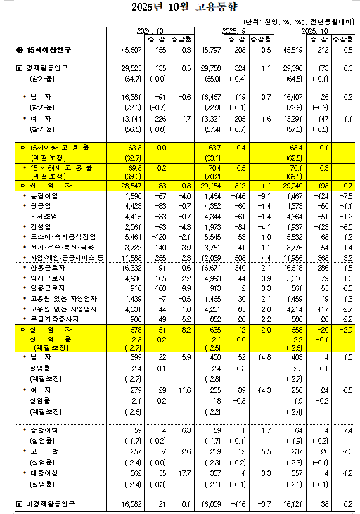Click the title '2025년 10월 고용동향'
click(181, 8)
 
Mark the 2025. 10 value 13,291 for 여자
click(297, 120)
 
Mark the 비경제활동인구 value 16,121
click(297, 504)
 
